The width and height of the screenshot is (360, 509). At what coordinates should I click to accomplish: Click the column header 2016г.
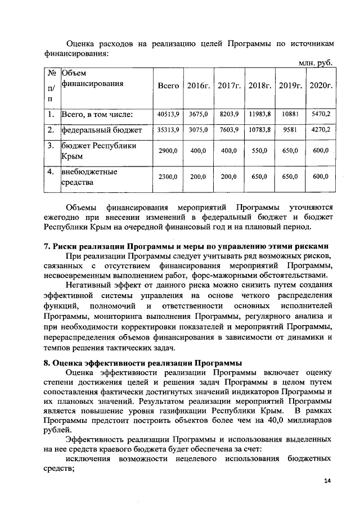tap(199, 86)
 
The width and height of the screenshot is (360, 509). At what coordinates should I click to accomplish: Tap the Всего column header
tap(168, 86)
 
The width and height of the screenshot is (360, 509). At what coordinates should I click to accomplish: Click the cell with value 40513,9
tap(168, 114)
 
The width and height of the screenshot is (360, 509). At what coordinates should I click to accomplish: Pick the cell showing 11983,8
tap(260, 114)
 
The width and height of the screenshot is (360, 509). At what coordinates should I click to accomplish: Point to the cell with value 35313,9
tap(168, 129)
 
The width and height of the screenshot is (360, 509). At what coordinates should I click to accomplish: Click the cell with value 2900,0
tap(168, 151)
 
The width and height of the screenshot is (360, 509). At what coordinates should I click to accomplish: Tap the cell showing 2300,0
tap(168, 177)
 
